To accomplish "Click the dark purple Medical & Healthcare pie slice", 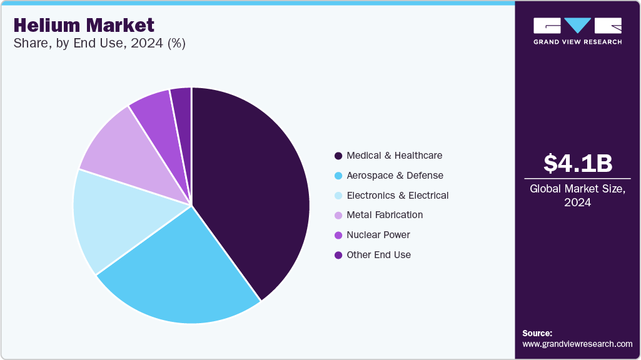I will tap(250, 187).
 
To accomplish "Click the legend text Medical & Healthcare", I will tap(395, 156).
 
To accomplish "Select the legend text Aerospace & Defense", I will tap(395, 176).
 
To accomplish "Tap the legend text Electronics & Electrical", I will tap(397, 196).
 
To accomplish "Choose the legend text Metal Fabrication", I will tap(385, 215).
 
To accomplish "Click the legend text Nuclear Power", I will tap(378, 235).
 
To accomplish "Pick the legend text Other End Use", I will tap(378, 255).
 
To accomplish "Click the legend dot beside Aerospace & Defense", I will tap(338, 176).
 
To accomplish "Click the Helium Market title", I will tap(83, 25).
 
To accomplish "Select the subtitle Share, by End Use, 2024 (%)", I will tap(99, 44).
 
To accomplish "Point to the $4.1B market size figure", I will tap(577, 163).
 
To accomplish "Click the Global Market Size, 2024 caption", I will tap(577, 196).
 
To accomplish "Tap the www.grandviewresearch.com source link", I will tap(577, 344).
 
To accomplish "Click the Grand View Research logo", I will tap(577, 31).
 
